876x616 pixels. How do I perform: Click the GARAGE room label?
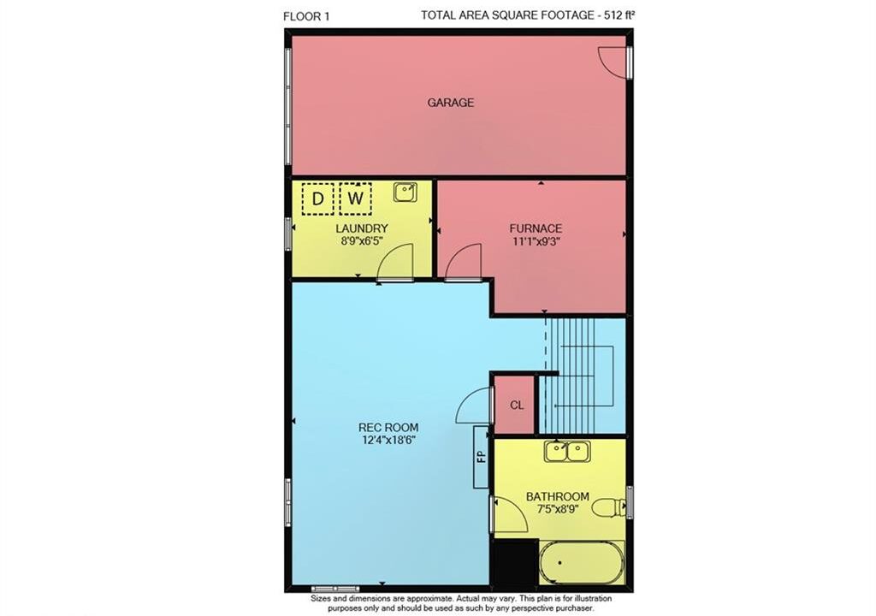450,103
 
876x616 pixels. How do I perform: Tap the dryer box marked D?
317,198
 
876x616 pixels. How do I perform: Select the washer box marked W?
355,198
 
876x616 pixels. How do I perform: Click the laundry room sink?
405,192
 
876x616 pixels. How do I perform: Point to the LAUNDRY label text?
362,228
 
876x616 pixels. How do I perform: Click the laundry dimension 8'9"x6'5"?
362,241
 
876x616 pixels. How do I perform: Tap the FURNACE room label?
536,228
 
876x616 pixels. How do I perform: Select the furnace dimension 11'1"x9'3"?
536,241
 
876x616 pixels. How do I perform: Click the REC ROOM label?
388,428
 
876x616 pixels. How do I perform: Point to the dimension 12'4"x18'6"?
388,440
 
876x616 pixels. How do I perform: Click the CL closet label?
517,406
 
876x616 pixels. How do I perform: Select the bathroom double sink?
568,452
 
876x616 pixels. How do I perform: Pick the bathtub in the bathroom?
581,562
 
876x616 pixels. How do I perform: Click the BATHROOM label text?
558,496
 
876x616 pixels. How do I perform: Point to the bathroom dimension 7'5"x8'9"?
558,509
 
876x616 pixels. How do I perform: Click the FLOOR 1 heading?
306,16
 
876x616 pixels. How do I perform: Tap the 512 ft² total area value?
619,15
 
